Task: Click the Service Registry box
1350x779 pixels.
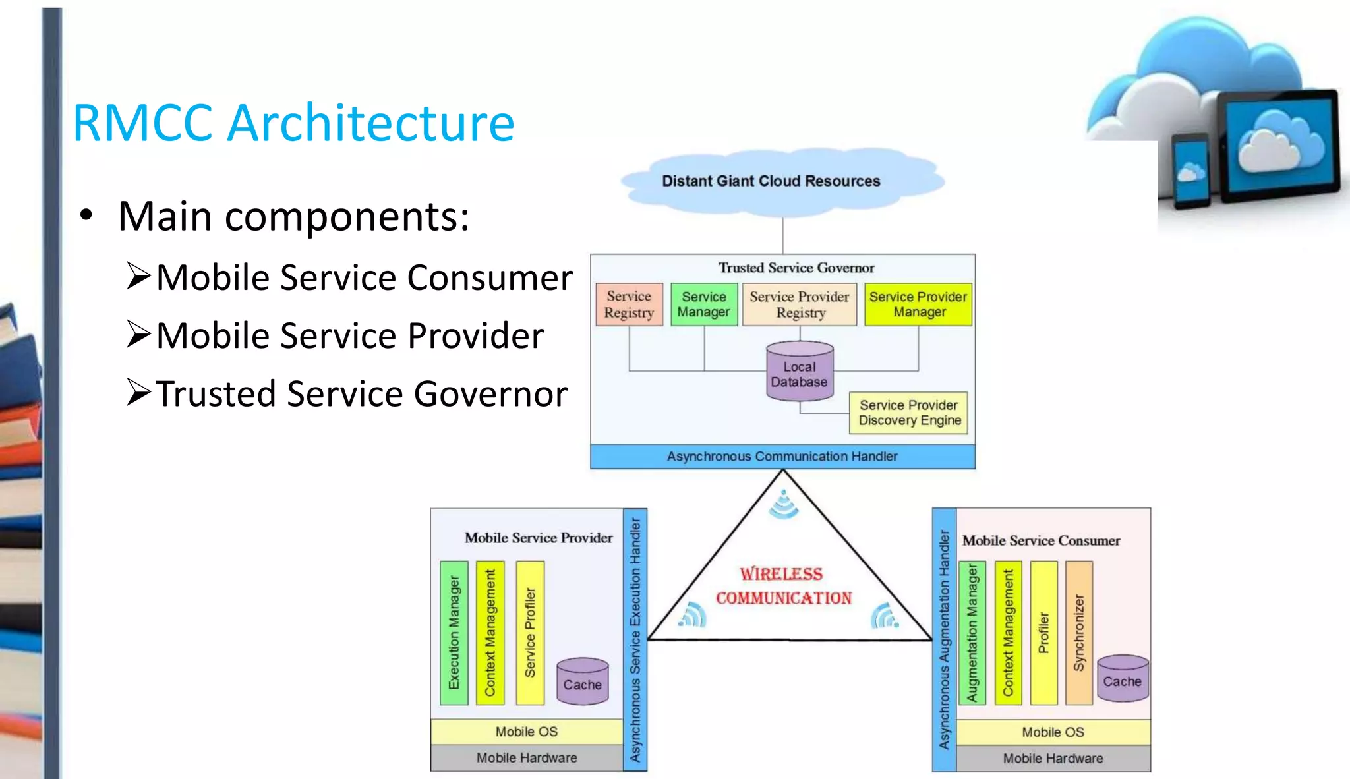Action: pyautogui.click(x=629, y=304)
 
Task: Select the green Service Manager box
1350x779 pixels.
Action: pyautogui.click(x=703, y=304)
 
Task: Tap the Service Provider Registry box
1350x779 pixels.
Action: pyautogui.click(x=800, y=304)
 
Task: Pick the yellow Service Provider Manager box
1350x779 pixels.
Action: pyautogui.click(x=918, y=304)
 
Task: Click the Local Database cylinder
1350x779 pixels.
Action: pyautogui.click(x=800, y=373)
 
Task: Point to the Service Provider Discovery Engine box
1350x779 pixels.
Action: pyautogui.click(x=909, y=413)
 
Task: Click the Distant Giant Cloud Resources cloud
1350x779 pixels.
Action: pyautogui.click(x=771, y=181)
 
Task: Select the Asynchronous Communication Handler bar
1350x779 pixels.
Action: pyautogui.click(x=782, y=457)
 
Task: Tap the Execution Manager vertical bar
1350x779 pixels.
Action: pyautogui.click(x=454, y=633)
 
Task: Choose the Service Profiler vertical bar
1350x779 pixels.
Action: pyautogui.click(x=530, y=633)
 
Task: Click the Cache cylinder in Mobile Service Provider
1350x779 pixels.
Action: pyautogui.click(x=583, y=683)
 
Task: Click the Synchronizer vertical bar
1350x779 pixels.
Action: pyautogui.click(x=1079, y=633)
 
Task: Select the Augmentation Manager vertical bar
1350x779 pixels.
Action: pyautogui.click(x=972, y=633)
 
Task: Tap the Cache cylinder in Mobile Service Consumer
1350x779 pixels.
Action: pyautogui.click(x=1123, y=679)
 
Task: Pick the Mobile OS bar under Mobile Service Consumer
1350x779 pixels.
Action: pyautogui.click(x=1053, y=732)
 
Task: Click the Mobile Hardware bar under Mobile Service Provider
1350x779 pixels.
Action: pyautogui.click(x=527, y=758)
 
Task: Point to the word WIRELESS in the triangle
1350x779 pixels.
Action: pyautogui.click(x=781, y=574)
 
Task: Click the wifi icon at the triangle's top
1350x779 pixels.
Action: pyautogui.click(x=784, y=505)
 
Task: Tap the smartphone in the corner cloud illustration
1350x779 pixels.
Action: pyautogui.click(x=1190, y=171)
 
